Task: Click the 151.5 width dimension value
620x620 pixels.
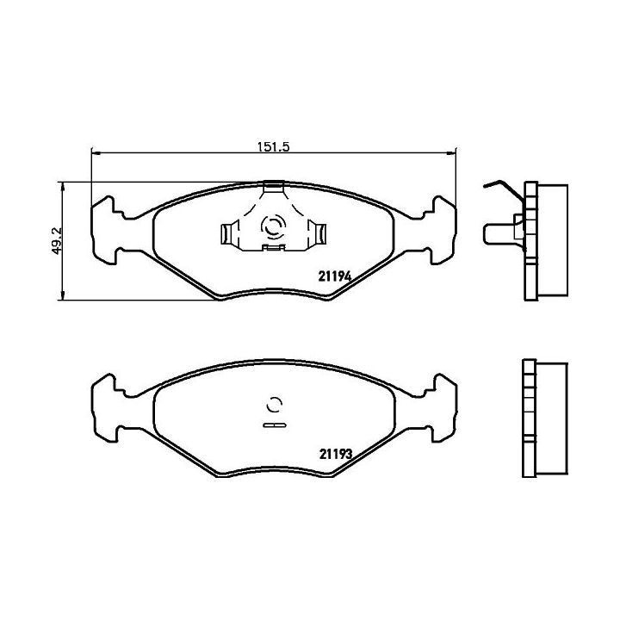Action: (274, 146)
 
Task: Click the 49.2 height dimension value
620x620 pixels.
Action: (57, 240)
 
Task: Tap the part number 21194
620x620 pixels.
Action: (334, 276)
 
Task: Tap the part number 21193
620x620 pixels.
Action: (335, 455)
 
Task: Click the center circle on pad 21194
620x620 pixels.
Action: (273, 227)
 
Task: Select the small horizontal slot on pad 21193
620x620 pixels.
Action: (274, 425)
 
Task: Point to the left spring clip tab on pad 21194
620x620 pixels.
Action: (227, 233)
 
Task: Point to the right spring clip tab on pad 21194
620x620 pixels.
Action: (317, 233)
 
